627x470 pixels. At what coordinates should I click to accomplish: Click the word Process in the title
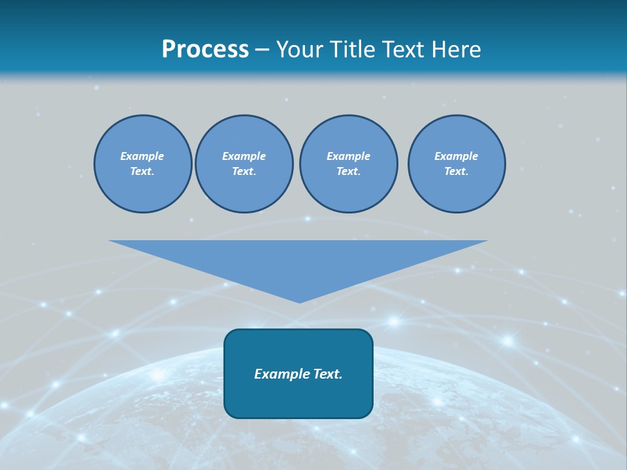(x=205, y=50)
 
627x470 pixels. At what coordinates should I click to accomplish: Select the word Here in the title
(x=457, y=50)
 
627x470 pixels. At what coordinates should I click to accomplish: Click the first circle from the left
(x=142, y=164)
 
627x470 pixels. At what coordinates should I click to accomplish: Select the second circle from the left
(x=244, y=164)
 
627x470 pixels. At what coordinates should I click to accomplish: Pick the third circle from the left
(x=348, y=164)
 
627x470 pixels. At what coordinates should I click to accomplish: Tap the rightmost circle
(x=456, y=164)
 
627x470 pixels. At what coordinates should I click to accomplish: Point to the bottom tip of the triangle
(x=299, y=302)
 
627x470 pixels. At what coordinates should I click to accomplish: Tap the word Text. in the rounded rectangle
(x=326, y=374)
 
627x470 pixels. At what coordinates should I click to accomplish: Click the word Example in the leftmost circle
(x=142, y=156)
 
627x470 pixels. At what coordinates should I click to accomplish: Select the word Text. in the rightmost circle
(x=456, y=172)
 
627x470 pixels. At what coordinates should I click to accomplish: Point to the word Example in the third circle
(x=348, y=156)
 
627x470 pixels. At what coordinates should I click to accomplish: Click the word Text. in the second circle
(x=244, y=172)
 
